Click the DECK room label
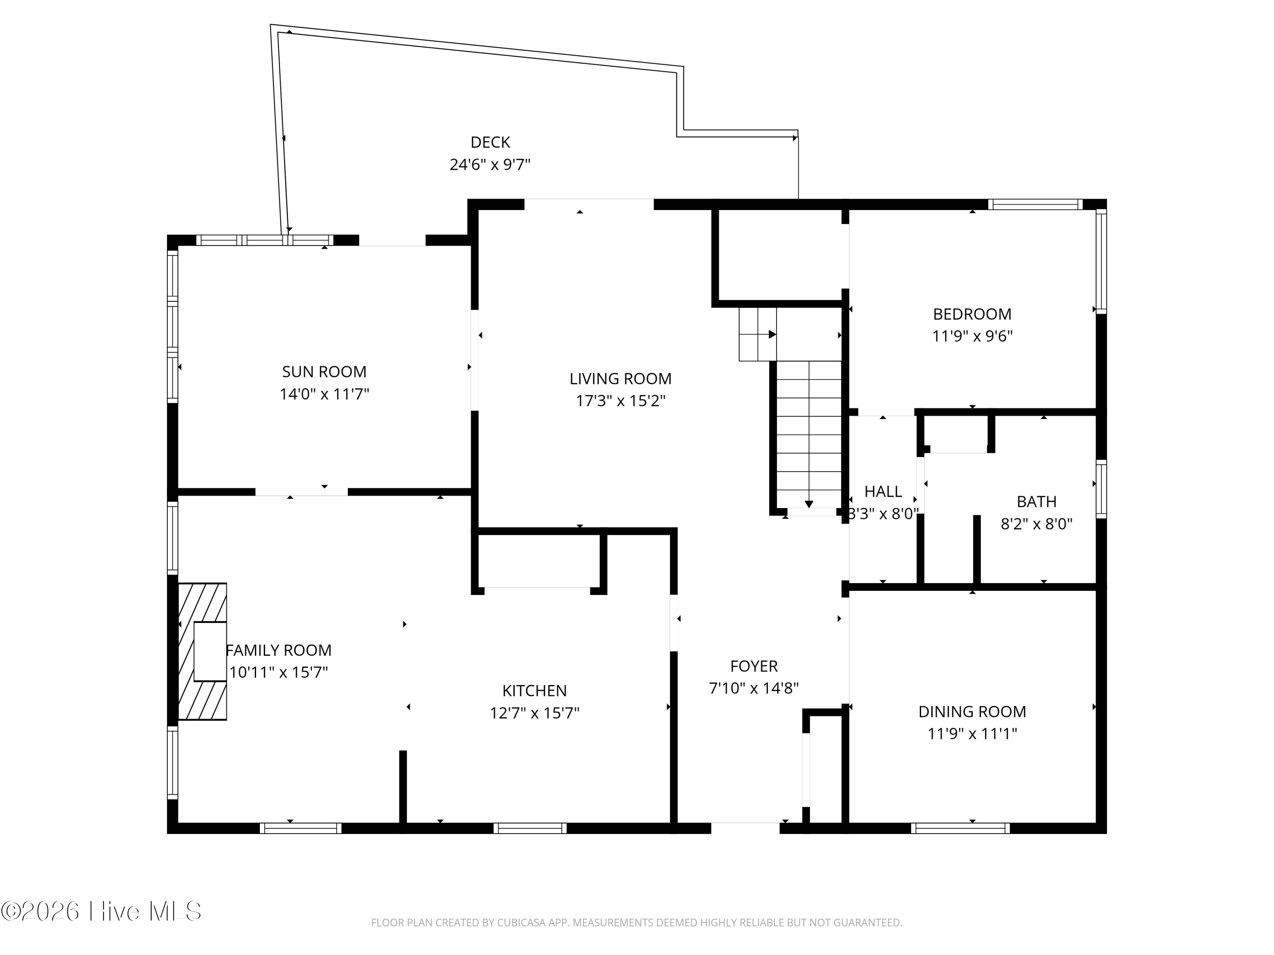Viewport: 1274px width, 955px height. (x=490, y=142)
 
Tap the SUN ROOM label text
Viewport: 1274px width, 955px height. (x=324, y=372)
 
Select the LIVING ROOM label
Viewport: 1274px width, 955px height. (x=620, y=379)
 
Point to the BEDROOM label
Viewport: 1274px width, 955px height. (x=972, y=315)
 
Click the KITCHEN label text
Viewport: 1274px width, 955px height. (x=535, y=691)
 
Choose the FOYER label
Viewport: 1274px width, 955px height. (x=754, y=666)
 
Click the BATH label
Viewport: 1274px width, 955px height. (x=1037, y=502)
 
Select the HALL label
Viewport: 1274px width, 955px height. (x=883, y=492)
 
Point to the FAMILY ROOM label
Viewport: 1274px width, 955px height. (x=279, y=651)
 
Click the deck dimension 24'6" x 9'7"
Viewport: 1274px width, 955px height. (x=490, y=165)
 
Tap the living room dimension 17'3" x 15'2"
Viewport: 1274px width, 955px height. (x=620, y=401)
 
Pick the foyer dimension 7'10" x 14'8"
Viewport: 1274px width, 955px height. (x=754, y=688)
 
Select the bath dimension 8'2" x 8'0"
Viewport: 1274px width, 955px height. (x=1037, y=524)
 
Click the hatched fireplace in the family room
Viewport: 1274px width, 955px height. (x=202, y=652)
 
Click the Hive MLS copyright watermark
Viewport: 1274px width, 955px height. (x=101, y=911)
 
